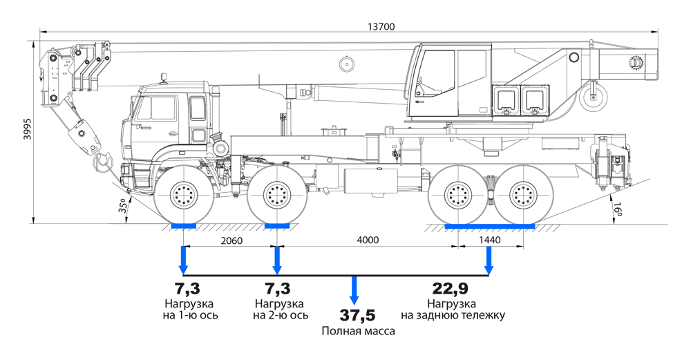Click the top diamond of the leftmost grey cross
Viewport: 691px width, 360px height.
coord(184,173)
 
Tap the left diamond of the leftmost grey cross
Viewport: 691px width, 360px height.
coord(162,195)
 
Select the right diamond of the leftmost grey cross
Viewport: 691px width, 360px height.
coord(205,195)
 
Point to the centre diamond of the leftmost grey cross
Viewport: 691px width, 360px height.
coord(184,195)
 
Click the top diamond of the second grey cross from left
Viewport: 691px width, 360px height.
coord(277,173)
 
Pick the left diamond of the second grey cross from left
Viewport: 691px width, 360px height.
coord(256,195)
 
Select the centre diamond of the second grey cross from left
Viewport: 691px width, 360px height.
coord(277,195)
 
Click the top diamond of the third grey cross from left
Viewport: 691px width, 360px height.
coord(457,173)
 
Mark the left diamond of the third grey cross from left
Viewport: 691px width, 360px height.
coord(436,195)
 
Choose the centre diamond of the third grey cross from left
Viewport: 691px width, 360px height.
coord(457,195)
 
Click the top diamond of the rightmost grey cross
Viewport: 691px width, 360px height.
coord(524,173)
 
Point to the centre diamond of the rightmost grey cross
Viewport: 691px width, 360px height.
coord(524,195)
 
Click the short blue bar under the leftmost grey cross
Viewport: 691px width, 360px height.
coord(184,226)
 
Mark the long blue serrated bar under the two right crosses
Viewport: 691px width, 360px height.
coord(490,225)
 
